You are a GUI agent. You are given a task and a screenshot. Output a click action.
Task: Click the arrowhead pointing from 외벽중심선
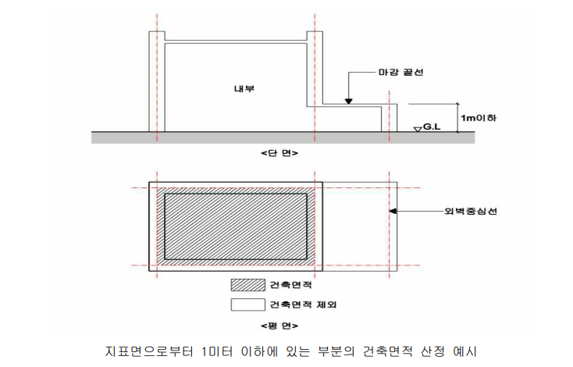click(394, 211)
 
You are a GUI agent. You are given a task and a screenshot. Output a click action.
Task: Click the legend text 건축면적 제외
click(302, 303)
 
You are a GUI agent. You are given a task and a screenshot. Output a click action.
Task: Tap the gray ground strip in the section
click(234, 137)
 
